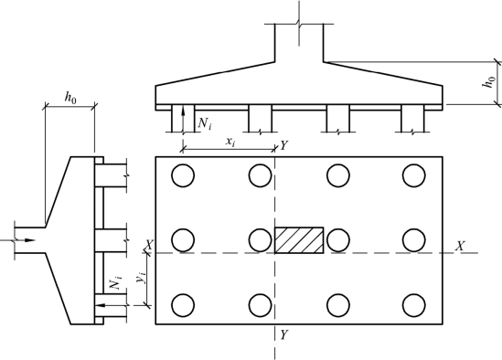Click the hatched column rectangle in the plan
(299, 240)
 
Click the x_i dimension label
(230, 142)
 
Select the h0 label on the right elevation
(489, 81)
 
